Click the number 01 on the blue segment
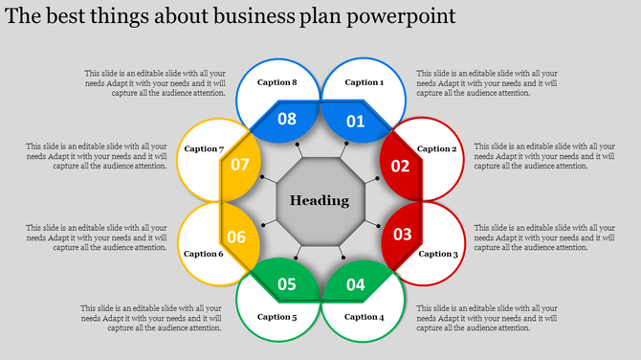(355, 121)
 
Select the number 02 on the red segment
(400, 166)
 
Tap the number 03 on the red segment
(402, 234)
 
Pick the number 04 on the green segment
(355, 283)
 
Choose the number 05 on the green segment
(287, 283)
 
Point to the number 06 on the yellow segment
(236, 237)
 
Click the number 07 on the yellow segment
(239, 165)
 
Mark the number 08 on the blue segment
(287, 120)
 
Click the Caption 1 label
(364, 83)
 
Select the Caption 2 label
(437, 149)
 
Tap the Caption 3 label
(437, 254)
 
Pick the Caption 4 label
(364, 317)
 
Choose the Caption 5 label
(277, 317)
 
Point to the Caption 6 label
(203, 254)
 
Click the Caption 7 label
(204, 149)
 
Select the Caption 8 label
(277, 83)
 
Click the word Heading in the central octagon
(320, 201)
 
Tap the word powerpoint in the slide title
(402, 17)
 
